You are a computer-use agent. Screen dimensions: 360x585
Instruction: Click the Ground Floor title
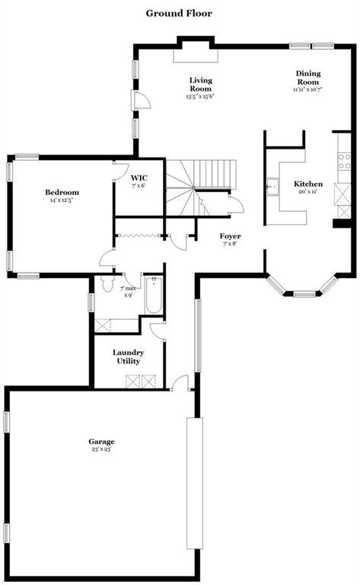point(179,14)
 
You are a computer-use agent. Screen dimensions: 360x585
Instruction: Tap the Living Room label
point(200,85)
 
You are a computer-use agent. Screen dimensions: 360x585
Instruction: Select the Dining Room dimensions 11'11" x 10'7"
point(307,90)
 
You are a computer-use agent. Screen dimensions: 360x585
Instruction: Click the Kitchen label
point(308,184)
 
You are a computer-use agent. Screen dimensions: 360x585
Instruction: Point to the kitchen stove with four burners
point(344,161)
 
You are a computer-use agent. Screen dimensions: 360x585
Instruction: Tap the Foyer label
point(230,236)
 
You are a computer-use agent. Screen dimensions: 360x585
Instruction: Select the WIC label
point(139,178)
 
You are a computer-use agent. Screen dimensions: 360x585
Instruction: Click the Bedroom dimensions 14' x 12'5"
point(62,200)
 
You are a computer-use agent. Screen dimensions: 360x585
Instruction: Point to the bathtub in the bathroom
point(153,296)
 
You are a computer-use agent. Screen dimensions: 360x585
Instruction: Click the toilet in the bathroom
point(107,283)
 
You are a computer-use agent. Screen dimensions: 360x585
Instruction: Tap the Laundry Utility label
point(128,356)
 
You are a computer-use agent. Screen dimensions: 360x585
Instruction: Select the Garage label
point(101,441)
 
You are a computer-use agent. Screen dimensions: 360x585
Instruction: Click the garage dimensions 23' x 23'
point(101,449)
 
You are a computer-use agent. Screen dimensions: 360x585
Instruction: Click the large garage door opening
point(195,483)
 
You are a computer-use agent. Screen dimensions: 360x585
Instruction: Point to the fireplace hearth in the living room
point(196,55)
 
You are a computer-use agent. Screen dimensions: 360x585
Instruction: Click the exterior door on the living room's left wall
point(141,100)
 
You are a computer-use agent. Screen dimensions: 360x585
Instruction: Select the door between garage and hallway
point(180,383)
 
